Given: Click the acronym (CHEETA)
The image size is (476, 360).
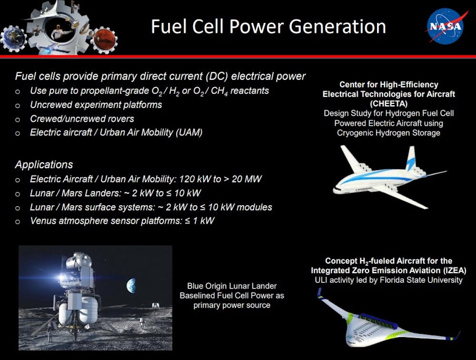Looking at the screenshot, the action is (x=388, y=104).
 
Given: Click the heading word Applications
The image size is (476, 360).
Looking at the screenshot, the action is (x=44, y=164).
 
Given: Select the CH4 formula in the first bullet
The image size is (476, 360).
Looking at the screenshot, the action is (x=219, y=91).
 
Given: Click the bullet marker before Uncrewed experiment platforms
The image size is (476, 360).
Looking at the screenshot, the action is (x=18, y=106).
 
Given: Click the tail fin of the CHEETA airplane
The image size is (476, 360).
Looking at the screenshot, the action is (x=411, y=158).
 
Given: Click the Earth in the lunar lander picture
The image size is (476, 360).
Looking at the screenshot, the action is (x=131, y=286).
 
